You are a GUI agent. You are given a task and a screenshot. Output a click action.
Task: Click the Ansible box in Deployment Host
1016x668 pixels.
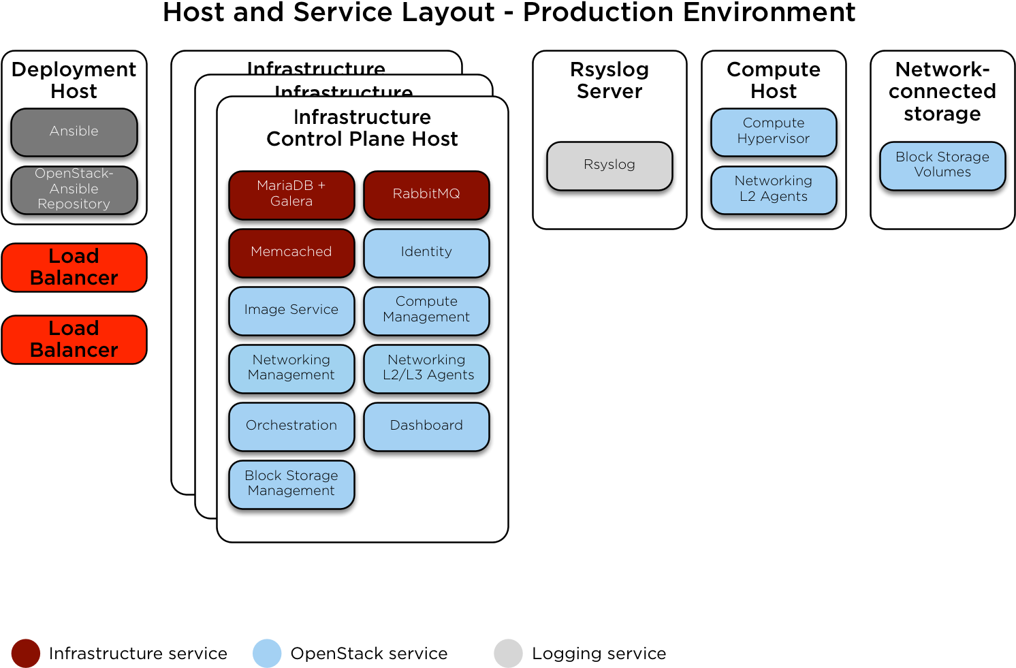(74, 131)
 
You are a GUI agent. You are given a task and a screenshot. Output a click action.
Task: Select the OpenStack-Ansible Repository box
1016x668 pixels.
(74, 189)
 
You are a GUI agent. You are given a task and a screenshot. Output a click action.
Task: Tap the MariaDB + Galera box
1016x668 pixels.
(291, 194)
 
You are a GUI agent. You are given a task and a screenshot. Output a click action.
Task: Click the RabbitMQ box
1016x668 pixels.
(426, 194)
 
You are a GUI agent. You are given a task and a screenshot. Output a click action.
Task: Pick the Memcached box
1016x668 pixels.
(291, 252)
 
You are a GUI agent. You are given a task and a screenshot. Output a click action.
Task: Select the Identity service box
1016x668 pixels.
(426, 252)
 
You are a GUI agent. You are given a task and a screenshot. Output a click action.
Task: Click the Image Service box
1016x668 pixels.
(291, 310)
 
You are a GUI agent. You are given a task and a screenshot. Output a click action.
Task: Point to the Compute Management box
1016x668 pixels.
(426, 310)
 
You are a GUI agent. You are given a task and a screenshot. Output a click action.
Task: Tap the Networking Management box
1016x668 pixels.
(291, 368)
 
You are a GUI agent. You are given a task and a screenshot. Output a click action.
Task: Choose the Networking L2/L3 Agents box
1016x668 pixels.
(426, 368)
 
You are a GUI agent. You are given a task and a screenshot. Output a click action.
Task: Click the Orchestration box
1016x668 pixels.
(291, 426)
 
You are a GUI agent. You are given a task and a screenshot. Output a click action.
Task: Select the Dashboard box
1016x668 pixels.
(426, 426)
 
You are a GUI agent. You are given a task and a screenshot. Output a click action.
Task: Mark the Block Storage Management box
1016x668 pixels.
(291, 483)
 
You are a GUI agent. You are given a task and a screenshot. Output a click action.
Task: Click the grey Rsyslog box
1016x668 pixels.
(609, 165)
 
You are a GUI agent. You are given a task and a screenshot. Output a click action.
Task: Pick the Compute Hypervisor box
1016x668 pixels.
(774, 131)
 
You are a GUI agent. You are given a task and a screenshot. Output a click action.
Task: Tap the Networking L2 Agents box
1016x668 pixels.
(774, 189)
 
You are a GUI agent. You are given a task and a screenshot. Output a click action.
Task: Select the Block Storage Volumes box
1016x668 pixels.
(942, 165)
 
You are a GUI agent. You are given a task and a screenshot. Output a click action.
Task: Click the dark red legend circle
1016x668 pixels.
(26, 653)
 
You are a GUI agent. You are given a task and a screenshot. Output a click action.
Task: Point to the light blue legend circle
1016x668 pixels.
(267, 653)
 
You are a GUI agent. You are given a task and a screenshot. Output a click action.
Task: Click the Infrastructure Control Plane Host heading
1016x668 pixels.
(362, 128)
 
